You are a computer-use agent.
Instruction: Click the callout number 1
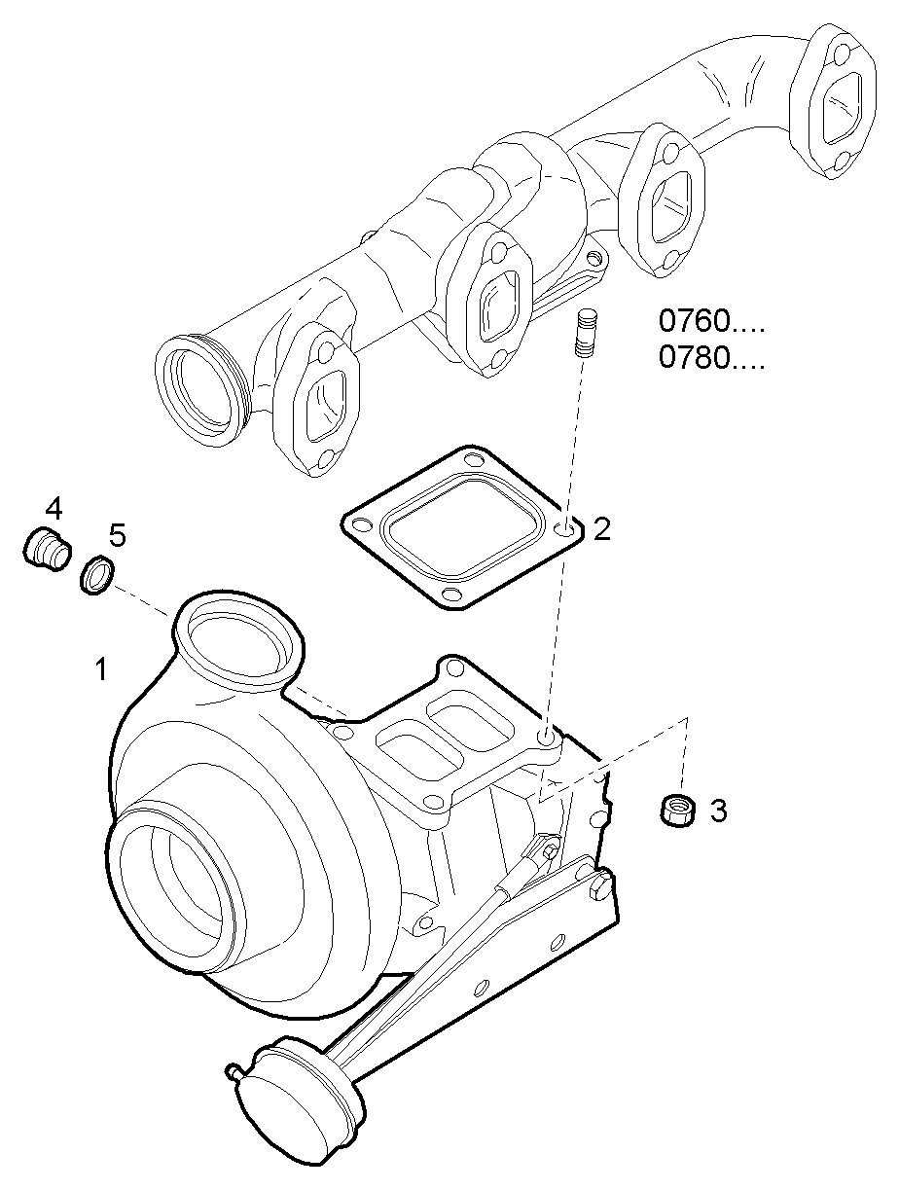click(100, 669)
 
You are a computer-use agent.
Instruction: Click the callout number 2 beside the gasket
click(602, 529)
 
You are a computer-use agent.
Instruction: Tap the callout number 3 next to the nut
click(718, 811)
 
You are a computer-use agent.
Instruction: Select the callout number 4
click(54, 507)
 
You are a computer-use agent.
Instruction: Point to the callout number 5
click(117, 534)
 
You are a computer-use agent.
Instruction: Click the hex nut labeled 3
click(677, 810)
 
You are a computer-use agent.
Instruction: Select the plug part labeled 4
click(46, 548)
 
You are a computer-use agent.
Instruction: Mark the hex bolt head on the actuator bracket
click(599, 887)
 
